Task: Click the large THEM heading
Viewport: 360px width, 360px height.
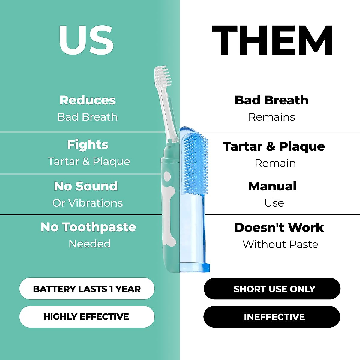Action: tap(272, 40)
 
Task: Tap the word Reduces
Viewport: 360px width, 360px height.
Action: tap(88, 100)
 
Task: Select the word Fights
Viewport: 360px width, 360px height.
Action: tap(88, 145)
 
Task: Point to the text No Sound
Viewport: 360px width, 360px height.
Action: tap(86, 186)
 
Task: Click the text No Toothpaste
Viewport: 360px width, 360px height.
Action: tap(88, 227)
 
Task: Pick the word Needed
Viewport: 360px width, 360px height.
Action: tap(89, 244)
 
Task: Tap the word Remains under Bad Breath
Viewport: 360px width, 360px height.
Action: tap(271, 117)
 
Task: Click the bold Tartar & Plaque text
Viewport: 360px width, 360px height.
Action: tap(274, 146)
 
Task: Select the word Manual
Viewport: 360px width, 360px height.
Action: tap(272, 186)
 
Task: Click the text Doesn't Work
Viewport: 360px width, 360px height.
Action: tap(279, 228)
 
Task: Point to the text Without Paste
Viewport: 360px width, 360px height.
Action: tap(280, 244)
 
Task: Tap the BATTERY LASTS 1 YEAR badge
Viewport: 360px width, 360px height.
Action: tap(87, 289)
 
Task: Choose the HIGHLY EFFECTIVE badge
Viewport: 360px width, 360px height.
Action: tap(87, 317)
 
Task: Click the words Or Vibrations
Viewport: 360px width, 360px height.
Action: tap(88, 203)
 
